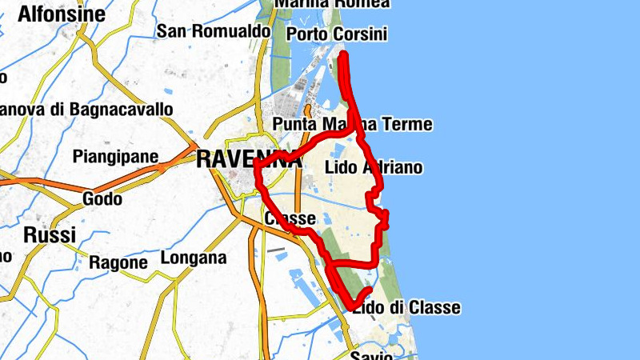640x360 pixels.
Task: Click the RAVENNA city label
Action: (x=249, y=159)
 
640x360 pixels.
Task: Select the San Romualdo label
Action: (x=214, y=31)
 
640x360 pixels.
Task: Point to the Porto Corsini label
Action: (x=336, y=34)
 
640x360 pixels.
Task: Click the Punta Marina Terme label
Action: (x=352, y=125)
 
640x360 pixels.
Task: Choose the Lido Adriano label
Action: (x=374, y=168)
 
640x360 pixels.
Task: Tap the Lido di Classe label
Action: (x=407, y=308)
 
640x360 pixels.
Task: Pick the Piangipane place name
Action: (x=115, y=156)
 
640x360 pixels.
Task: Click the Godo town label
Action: (x=102, y=198)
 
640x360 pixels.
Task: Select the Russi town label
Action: (x=50, y=235)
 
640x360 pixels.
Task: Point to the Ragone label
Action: (x=118, y=262)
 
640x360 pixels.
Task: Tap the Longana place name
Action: (x=194, y=258)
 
